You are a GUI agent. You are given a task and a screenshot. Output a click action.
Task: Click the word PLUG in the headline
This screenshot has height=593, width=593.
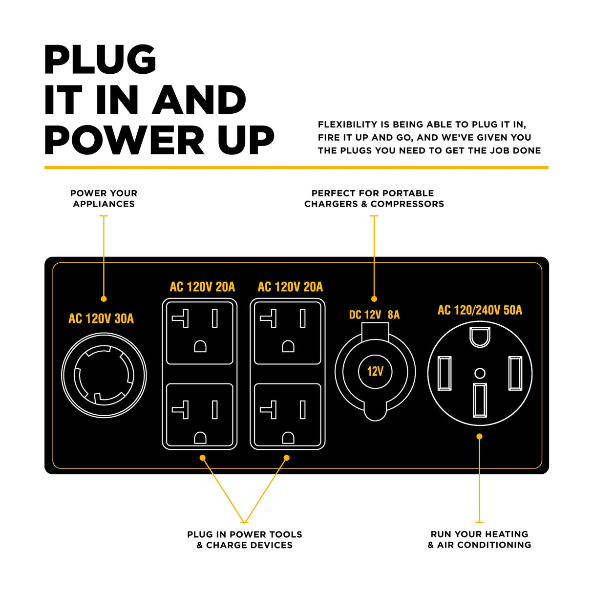click(100, 60)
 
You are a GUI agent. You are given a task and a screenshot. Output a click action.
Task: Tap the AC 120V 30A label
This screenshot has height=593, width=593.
click(101, 319)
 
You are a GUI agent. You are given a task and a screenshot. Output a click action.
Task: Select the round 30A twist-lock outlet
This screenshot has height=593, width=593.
click(104, 375)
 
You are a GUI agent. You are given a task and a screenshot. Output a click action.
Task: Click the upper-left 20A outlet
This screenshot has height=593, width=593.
click(200, 333)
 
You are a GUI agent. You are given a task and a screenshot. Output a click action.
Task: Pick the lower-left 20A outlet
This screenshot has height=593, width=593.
click(200, 415)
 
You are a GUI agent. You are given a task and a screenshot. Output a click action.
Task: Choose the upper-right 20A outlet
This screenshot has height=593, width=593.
click(288, 333)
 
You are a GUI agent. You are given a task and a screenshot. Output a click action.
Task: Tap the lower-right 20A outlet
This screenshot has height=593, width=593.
click(288, 415)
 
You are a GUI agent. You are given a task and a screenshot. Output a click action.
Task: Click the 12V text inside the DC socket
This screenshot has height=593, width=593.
click(375, 372)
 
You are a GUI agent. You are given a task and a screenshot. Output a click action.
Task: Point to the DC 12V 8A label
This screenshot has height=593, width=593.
click(374, 315)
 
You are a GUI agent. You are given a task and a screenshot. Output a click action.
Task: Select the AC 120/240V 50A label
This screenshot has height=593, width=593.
click(480, 310)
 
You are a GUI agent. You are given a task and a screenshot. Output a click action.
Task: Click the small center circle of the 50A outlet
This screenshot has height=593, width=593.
click(480, 373)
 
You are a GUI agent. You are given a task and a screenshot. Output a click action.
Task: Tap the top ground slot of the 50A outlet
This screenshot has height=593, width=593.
click(480, 337)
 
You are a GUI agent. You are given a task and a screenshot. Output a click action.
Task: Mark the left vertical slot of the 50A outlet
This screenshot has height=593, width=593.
click(445, 373)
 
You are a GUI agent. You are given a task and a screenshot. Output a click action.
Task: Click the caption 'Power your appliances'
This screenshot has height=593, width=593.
click(104, 199)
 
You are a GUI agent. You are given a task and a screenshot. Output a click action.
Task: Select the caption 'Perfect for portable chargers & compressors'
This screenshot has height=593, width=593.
click(374, 199)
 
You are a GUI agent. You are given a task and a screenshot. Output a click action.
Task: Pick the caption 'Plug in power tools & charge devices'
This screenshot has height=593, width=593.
click(245, 540)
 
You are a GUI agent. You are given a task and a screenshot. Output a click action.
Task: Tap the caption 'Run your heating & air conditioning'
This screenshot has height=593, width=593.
click(479, 539)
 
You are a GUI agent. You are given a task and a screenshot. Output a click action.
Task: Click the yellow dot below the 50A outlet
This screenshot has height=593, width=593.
click(480, 436)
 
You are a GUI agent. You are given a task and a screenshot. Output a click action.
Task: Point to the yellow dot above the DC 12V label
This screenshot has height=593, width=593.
click(374, 298)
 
